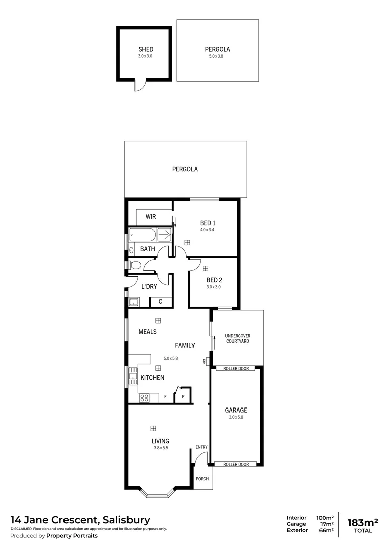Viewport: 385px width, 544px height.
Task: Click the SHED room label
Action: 145,49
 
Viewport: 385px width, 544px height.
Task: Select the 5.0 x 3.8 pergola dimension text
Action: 216,56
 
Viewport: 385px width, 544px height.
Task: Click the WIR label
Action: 151,217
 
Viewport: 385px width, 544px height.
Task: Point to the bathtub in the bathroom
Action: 143,235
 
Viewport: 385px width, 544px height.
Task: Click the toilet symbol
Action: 135,265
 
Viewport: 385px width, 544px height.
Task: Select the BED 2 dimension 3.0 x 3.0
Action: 214,287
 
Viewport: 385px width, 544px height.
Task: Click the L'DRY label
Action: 149,286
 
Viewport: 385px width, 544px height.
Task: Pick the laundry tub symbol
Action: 134,302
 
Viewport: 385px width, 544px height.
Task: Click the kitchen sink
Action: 133,376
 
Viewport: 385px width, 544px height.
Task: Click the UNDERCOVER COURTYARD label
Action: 237,338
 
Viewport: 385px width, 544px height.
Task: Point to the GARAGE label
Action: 236,410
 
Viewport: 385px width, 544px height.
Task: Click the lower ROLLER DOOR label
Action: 236,464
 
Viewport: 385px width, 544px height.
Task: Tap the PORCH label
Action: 202,479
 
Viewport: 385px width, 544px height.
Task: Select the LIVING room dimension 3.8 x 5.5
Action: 160,447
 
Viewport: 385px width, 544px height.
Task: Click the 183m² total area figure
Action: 362,521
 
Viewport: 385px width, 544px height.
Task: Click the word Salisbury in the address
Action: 126,520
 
